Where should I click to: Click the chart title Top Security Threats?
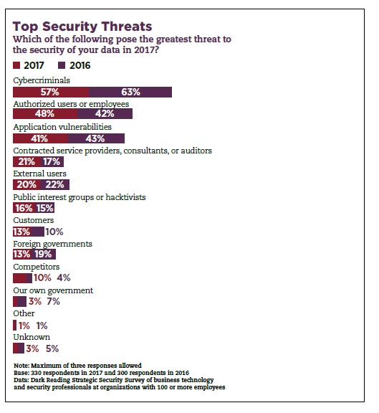click(x=82, y=27)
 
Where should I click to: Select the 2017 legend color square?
click(x=16, y=65)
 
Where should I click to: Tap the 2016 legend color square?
click(x=62, y=65)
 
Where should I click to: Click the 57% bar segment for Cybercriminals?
click(x=51, y=92)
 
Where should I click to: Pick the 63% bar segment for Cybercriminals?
click(x=130, y=92)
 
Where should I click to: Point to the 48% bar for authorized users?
click(x=45, y=114)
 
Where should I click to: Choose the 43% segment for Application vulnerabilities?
click(x=96, y=138)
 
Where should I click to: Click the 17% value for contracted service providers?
click(x=52, y=162)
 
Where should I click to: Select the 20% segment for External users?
click(x=27, y=185)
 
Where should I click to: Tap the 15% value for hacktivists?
click(x=45, y=208)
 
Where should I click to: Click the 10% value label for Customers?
click(x=54, y=232)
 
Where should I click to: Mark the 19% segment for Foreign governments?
click(x=43, y=255)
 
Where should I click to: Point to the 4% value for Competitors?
click(x=64, y=277)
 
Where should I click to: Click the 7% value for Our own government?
click(x=54, y=301)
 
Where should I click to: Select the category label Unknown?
click(x=32, y=337)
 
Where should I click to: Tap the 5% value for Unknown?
click(x=52, y=348)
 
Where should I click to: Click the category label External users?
click(x=39, y=174)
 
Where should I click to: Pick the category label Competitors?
click(x=37, y=267)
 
